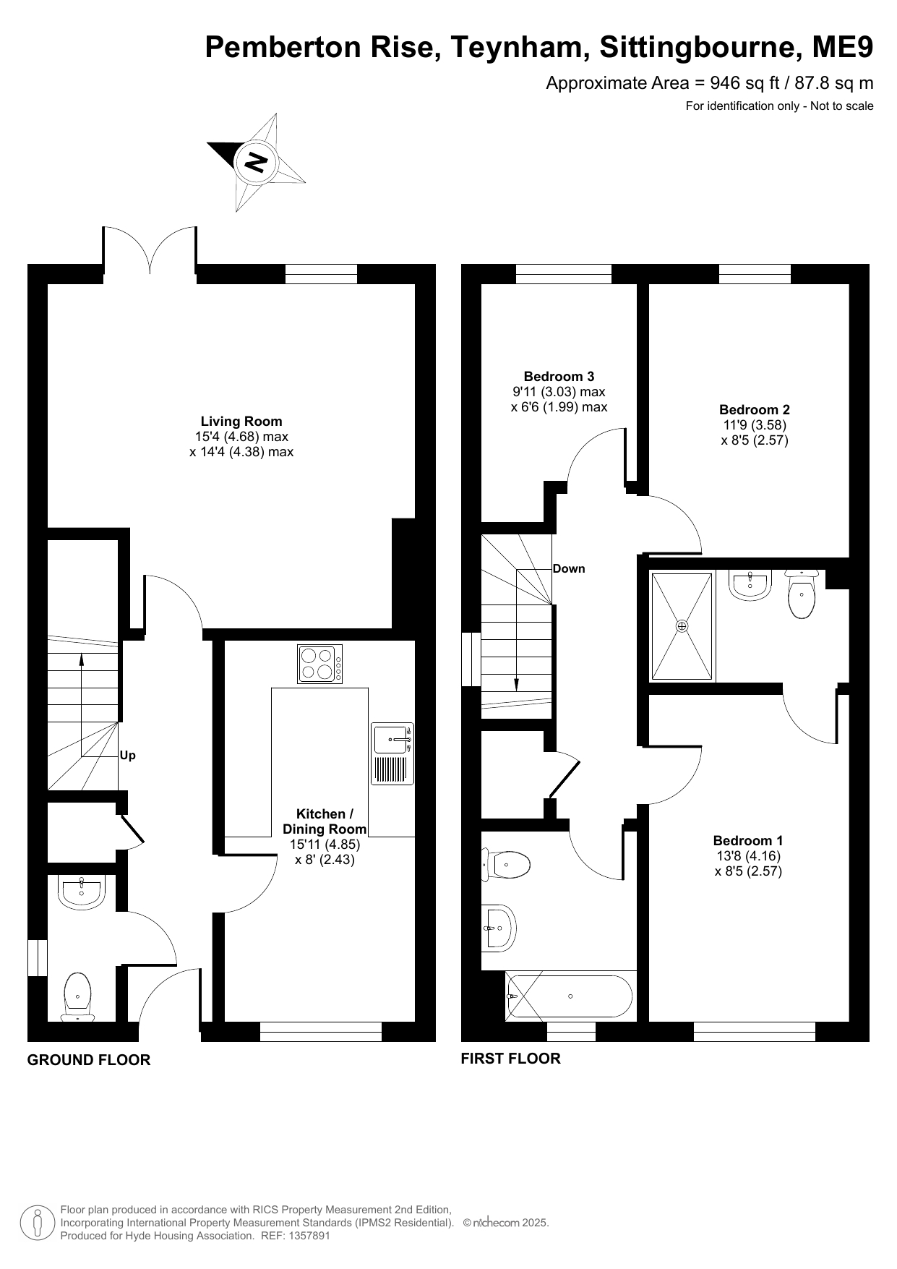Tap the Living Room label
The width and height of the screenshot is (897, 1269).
tap(241, 422)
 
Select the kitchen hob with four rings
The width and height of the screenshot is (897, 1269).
tap(319, 664)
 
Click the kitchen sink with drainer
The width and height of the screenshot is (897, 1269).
tap(392, 753)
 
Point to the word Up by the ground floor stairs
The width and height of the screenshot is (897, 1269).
tap(128, 756)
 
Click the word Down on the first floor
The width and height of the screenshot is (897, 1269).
tap(569, 568)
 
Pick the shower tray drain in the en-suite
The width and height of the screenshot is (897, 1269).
tap(682, 626)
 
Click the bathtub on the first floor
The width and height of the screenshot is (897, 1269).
tap(570, 996)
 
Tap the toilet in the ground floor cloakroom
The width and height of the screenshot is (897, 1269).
tap(78, 996)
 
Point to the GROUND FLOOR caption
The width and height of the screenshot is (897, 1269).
tap(89, 1060)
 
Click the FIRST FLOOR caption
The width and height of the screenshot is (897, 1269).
tap(511, 1059)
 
